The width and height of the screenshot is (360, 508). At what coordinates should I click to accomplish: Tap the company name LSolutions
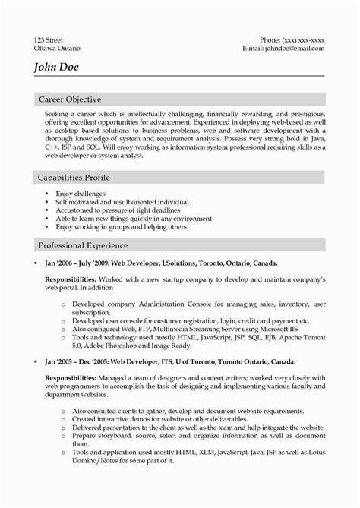(178, 263)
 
